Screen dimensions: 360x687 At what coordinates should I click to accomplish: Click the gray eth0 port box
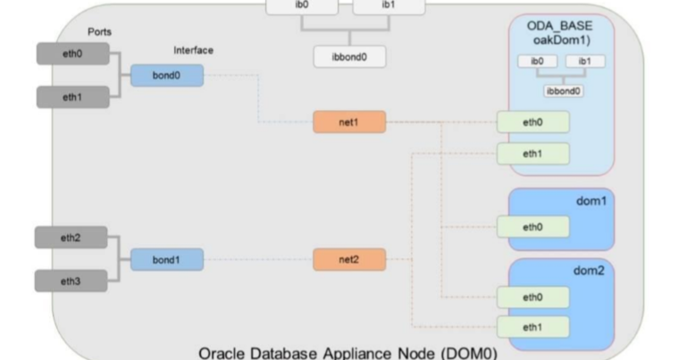pos(71,54)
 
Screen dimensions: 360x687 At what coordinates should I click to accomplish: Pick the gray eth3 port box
pos(71,280)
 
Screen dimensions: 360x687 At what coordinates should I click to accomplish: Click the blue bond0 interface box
pos(167,76)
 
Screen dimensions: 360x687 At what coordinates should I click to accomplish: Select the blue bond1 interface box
pos(167,260)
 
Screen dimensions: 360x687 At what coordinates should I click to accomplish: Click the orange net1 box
pos(349,121)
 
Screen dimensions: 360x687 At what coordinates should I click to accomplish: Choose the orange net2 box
pos(349,260)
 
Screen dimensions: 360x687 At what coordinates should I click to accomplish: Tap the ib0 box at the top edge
pos(302,6)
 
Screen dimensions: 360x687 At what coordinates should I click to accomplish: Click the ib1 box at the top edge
pos(388,6)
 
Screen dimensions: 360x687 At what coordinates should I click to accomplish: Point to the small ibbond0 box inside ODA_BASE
pos(560,90)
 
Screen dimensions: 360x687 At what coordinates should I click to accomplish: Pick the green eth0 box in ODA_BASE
pos(532,122)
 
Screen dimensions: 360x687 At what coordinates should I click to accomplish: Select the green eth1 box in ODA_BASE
pos(532,154)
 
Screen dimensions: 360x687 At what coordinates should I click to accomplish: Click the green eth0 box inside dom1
pos(532,228)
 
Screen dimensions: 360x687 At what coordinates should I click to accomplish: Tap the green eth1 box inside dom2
pos(532,327)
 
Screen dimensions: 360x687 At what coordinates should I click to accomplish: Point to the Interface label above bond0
pos(193,50)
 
